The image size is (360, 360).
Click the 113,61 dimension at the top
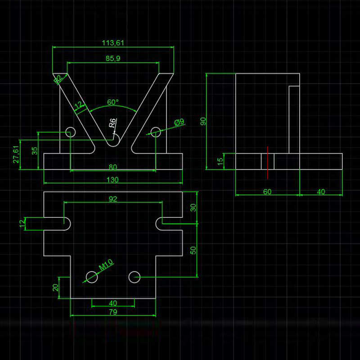[113, 43]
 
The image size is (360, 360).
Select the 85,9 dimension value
[113, 58]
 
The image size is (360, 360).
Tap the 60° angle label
[113, 102]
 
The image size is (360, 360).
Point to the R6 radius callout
[113, 123]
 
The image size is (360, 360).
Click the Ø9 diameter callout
[180, 122]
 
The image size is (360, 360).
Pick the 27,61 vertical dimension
[16, 154]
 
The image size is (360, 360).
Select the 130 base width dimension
[113, 180]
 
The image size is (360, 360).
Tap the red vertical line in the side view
[267, 162]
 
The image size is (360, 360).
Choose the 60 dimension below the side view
[267, 192]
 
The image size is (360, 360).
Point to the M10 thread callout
[106, 266]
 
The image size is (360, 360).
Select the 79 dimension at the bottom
[113, 312]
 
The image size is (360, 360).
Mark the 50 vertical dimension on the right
[194, 250]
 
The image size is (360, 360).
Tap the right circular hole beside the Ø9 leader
[156, 132]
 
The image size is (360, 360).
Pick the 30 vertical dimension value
[194, 207]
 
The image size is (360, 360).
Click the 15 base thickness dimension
[220, 162]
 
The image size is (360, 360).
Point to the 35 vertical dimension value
[35, 151]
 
